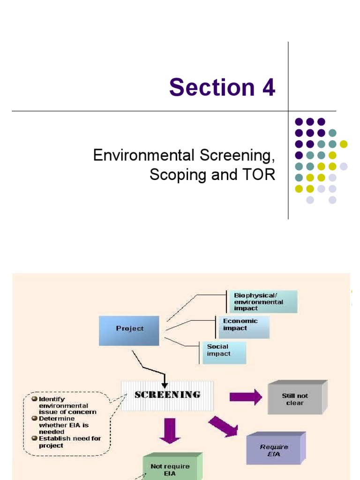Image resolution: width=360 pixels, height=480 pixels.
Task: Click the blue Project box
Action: coord(129,329)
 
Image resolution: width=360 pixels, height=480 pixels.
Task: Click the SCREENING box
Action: coord(167,395)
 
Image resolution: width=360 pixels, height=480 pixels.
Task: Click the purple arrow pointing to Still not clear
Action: coord(246,397)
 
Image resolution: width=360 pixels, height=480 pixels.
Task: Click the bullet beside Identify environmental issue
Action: coord(34,399)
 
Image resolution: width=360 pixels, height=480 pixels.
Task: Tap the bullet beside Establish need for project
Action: coord(34,438)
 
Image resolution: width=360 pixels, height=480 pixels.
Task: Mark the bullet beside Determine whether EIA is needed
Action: coord(34,419)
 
